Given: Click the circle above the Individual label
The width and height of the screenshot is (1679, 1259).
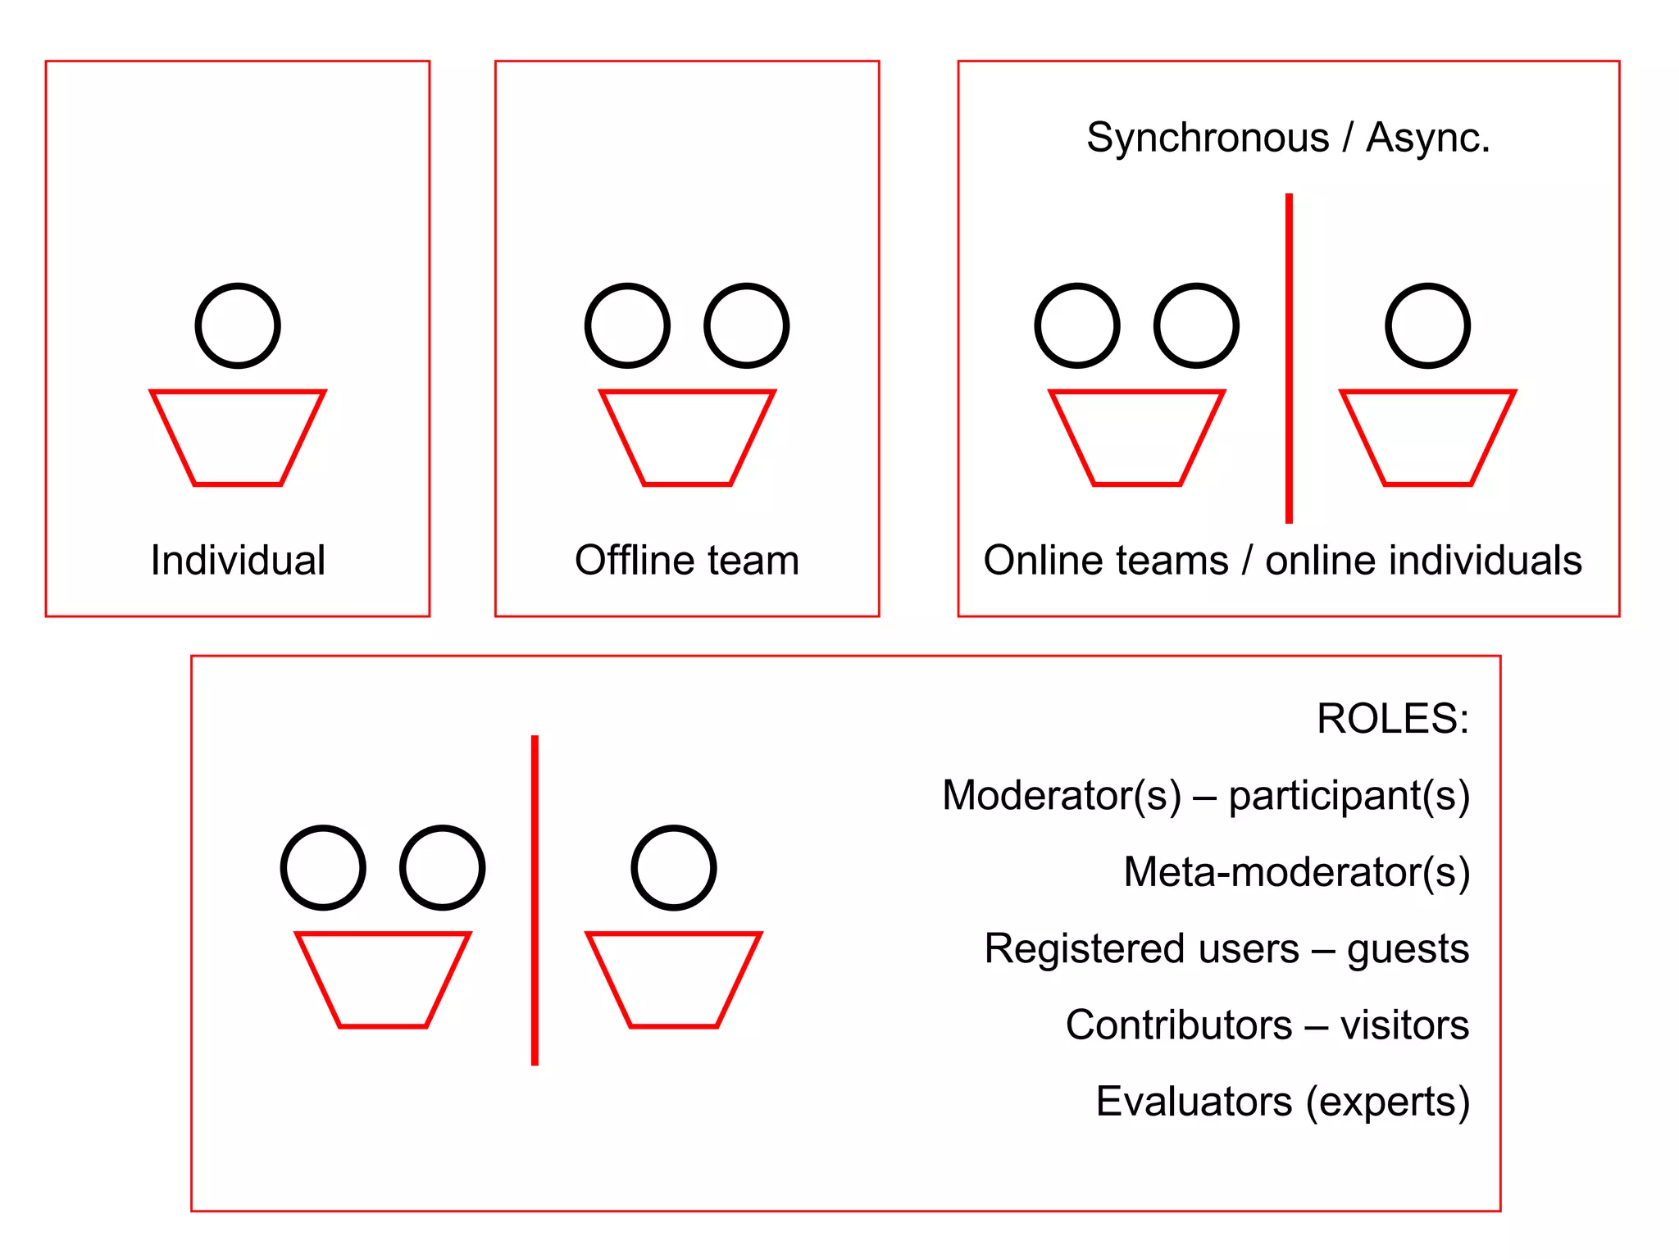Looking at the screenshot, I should pyautogui.click(x=238, y=326).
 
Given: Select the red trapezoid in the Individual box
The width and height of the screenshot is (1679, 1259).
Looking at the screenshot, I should pyautogui.click(x=238, y=438).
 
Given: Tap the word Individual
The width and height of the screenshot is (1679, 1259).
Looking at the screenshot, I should pyautogui.click(x=238, y=561).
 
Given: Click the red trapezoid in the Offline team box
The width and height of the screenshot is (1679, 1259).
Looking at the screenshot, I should pyautogui.click(x=687, y=438).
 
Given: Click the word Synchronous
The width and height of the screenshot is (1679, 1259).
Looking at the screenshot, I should pyautogui.click(x=1208, y=138).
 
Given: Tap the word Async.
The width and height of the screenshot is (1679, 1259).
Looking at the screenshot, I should pyautogui.click(x=1427, y=138).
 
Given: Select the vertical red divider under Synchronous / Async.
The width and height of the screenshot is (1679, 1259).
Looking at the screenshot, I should pyautogui.click(x=1289, y=358).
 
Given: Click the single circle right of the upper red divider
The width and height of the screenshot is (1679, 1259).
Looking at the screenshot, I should pyautogui.click(x=1427, y=326).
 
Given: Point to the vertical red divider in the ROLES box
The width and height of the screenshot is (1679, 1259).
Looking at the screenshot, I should pyautogui.click(x=535, y=900).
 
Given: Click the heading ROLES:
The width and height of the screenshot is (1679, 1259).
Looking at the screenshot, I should pyautogui.click(x=1392, y=719).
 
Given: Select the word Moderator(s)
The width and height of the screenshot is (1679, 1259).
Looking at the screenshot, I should pyautogui.click(x=1062, y=795).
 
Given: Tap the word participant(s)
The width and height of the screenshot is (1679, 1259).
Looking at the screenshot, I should pyautogui.click(x=1349, y=795).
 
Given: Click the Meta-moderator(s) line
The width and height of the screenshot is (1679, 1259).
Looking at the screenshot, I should pyautogui.click(x=1296, y=872).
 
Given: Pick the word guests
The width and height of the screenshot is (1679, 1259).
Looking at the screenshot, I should pyautogui.click(x=1408, y=949).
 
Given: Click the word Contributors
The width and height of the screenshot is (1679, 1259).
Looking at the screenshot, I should pyautogui.click(x=1179, y=1025).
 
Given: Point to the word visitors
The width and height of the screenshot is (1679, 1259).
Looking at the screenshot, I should pyautogui.click(x=1404, y=1025).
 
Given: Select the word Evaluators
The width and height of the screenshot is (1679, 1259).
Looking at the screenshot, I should pyautogui.click(x=1194, y=1102).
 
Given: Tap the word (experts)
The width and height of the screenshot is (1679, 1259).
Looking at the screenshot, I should pyautogui.click(x=1387, y=1102).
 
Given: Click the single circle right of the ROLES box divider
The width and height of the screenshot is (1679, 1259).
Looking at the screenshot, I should pyautogui.click(x=674, y=868).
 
